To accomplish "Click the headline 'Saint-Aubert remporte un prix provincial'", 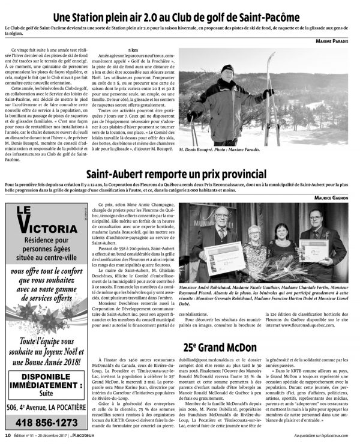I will tap(179, 173).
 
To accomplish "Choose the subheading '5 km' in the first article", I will tap(126, 50).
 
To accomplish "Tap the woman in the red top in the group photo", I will tap(280, 244).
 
